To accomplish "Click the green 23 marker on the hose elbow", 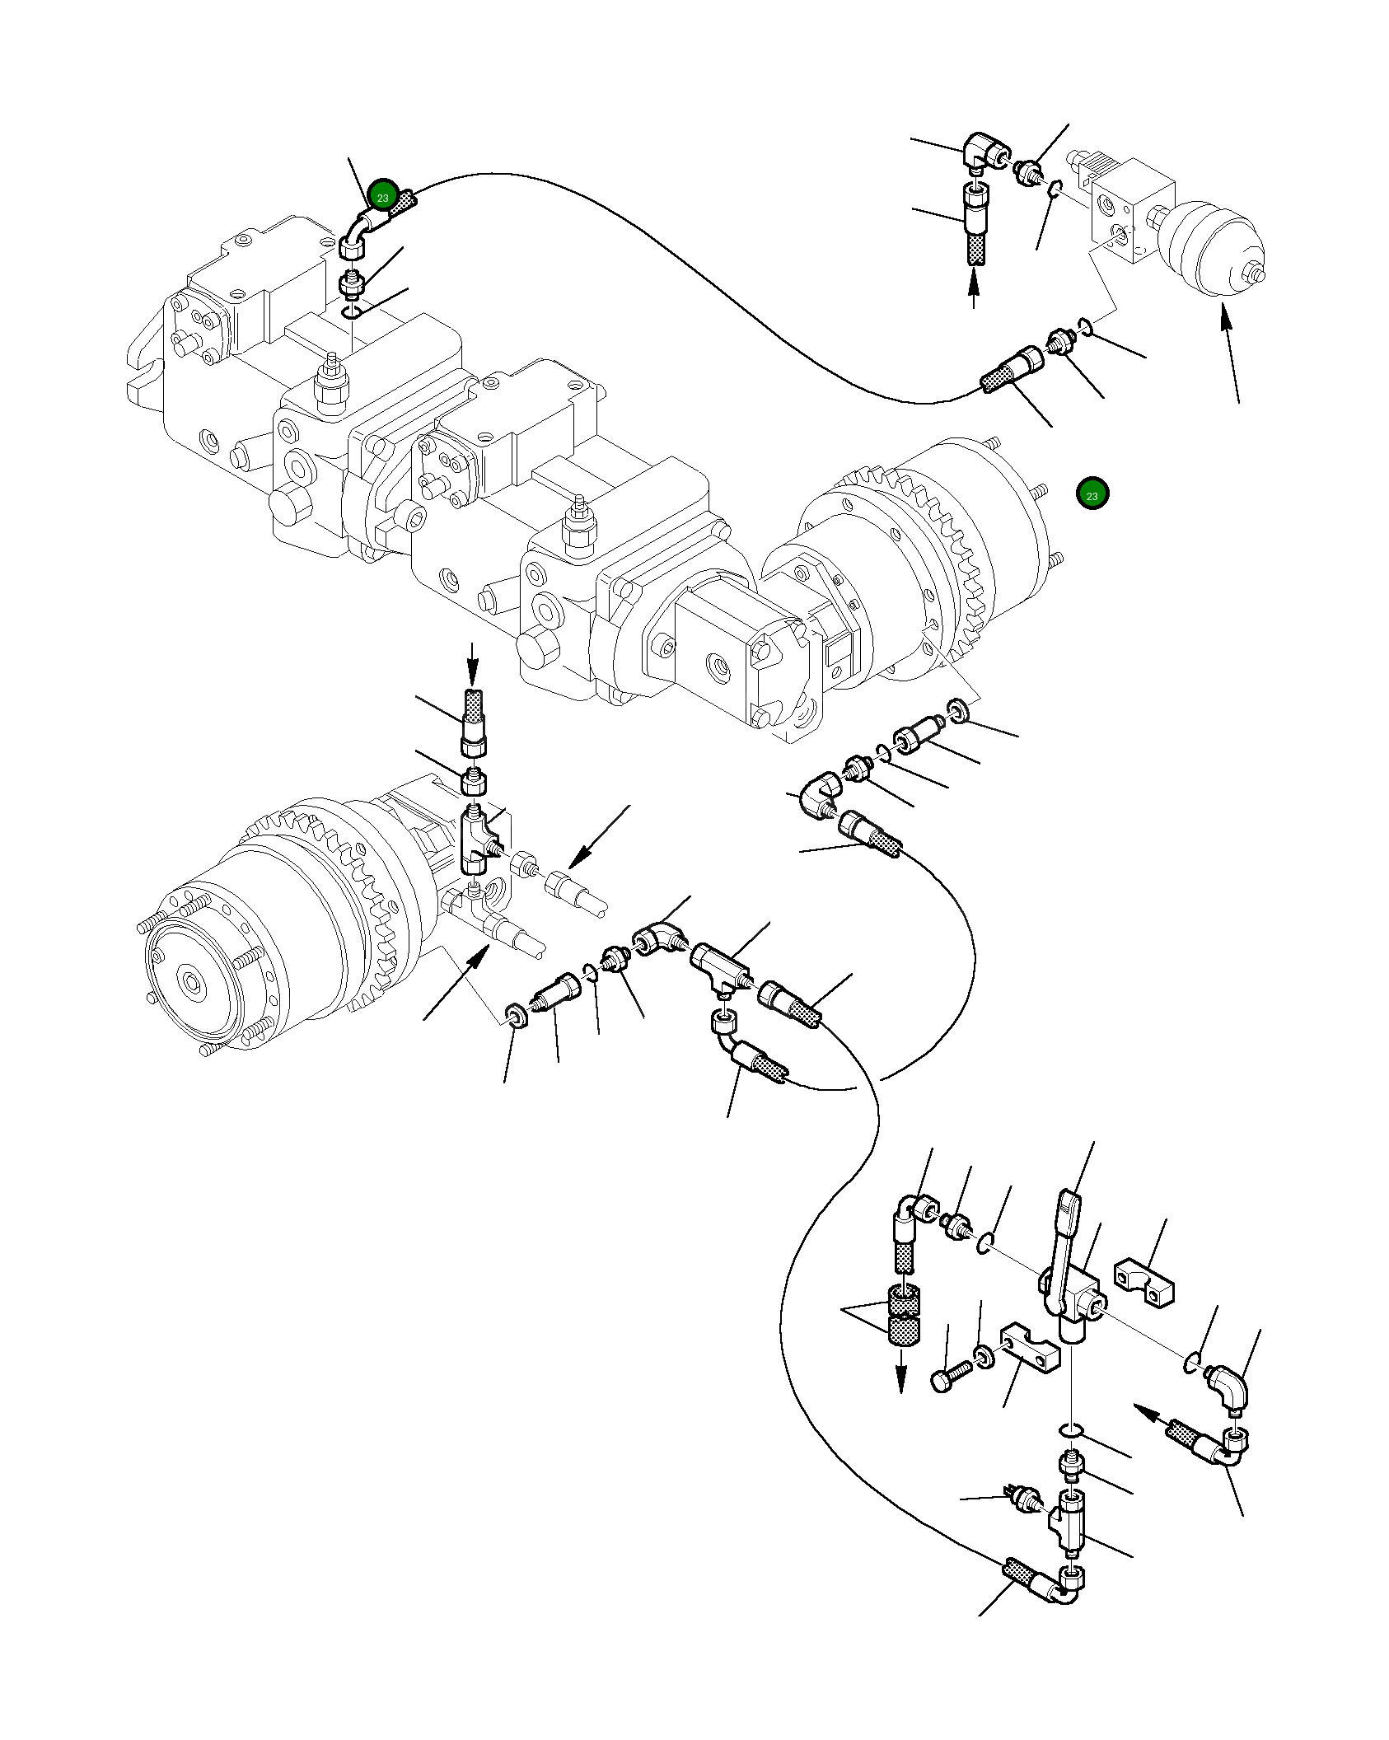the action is (383, 196).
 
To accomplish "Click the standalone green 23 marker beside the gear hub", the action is (1092, 494).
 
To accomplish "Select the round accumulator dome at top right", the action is (1211, 247).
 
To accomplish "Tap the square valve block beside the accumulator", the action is (1129, 210).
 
